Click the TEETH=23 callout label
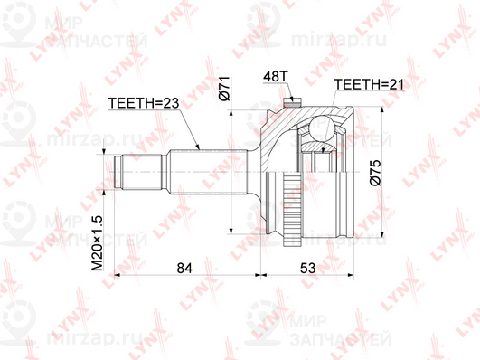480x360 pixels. pyautogui.click(x=143, y=103)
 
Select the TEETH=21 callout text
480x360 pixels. pyautogui.click(x=369, y=84)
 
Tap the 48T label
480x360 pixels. pyautogui.click(x=276, y=76)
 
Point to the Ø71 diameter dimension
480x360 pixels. pyautogui.click(x=224, y=89)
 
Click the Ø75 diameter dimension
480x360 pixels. pyautogui.click(x=375, y=173)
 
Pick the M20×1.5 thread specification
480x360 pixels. pyautogui.click(x=98, y=243)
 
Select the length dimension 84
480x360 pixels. pyautogui.click(x=184, y=268)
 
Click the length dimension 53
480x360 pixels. pyautogui.click(x=307, y=268)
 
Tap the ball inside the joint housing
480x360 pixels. pyautogui.click(x=321, y=127)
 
